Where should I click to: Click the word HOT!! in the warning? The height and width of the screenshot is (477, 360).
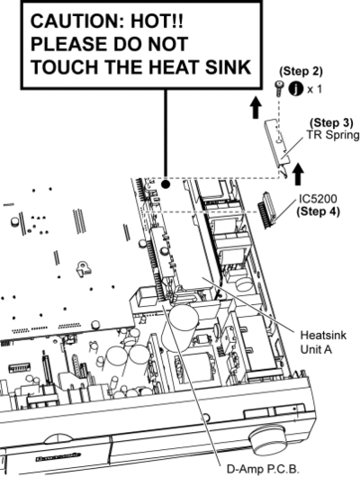click(157, 22)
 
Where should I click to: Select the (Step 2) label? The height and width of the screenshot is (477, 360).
click(301, 71)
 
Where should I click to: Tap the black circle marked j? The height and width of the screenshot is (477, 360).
click(295, 89)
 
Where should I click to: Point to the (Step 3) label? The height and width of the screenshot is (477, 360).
click(331, 122)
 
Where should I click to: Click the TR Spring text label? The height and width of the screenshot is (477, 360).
click(333, 135)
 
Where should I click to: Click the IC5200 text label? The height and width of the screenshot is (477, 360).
click(318, 199)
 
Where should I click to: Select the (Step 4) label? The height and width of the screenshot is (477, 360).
click(318, 211)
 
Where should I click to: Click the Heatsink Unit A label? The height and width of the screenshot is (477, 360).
click(323, 342)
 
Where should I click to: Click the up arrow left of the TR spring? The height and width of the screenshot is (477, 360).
click(256, 107)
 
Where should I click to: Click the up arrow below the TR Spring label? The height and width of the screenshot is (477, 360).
click(298, 174)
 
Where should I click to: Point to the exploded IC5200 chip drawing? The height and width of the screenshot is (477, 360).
click(267, 211)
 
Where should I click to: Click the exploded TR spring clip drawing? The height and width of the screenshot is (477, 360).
click(277, 145)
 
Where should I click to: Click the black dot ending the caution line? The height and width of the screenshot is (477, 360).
click(166, 184)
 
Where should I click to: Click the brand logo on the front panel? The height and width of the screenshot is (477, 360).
click(58, 457)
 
